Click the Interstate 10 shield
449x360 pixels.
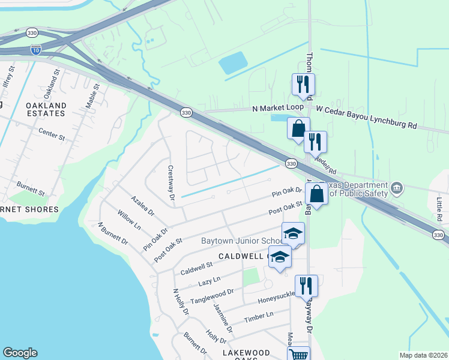(37, 49)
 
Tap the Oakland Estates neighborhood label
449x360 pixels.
(46, 109)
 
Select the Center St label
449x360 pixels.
(51, 133)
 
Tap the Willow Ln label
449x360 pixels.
(129, 221)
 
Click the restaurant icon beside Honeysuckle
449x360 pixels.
(306, 286)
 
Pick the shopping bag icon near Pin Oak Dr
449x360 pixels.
(316, 193)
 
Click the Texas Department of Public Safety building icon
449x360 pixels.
(396, 188)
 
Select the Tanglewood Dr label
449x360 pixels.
(211, 295)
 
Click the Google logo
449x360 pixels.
(20, 353)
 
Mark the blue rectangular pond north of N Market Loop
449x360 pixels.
(234, 62)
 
